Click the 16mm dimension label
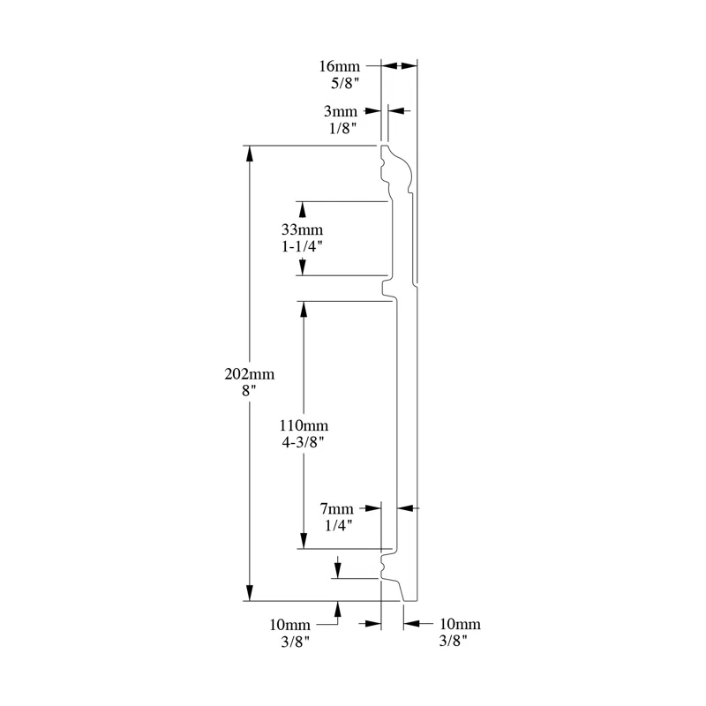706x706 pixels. (340, 66)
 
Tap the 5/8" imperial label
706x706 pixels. (345, 83)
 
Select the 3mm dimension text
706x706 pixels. (341, 111)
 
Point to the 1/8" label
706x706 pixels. (343, 128)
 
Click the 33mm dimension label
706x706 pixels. (302, 229)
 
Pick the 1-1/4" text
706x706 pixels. (302, 247)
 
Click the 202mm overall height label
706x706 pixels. (250, 374)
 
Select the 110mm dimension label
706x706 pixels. (304, 425)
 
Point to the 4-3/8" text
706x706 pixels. (303, 443)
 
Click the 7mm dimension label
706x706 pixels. (336, 509)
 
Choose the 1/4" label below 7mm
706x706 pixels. (339, 525)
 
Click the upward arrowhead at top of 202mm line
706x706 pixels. (250, 154)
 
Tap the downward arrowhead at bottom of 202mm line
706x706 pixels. (250, 593)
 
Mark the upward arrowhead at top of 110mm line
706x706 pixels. (304, 309)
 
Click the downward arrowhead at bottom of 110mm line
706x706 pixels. (304, 541)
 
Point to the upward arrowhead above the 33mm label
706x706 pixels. (302, 209)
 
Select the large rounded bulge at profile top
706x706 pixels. (404, 170)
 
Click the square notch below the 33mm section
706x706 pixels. (387, 289)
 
